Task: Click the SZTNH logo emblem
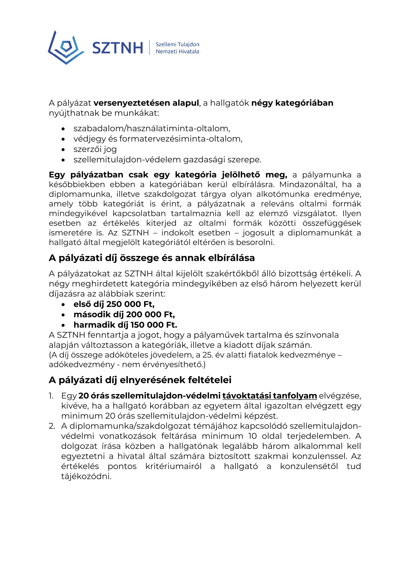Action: tap(65, 48)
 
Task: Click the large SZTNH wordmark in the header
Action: tap(117, 48)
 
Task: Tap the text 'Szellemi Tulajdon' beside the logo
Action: tap(177, 44)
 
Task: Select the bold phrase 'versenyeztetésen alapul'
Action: tap(146, 103)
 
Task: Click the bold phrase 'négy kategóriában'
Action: tap(292, 103)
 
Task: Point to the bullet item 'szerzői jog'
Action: tap(95, 149)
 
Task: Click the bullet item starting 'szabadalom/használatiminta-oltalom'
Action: tap(152, 128)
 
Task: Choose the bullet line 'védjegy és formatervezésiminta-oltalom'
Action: tap(158, 139)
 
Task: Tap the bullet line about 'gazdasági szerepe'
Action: tap(167, 160)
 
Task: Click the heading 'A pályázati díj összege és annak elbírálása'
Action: tap(152, 258)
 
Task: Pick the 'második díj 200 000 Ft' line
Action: tap(124, 314)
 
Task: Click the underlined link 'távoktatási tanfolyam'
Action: tap(269, 396)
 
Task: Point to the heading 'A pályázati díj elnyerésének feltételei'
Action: tap(140, 380)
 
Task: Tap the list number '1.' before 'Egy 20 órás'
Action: tap(51, 396)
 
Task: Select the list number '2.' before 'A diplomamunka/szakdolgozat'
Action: tap(52, 426)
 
